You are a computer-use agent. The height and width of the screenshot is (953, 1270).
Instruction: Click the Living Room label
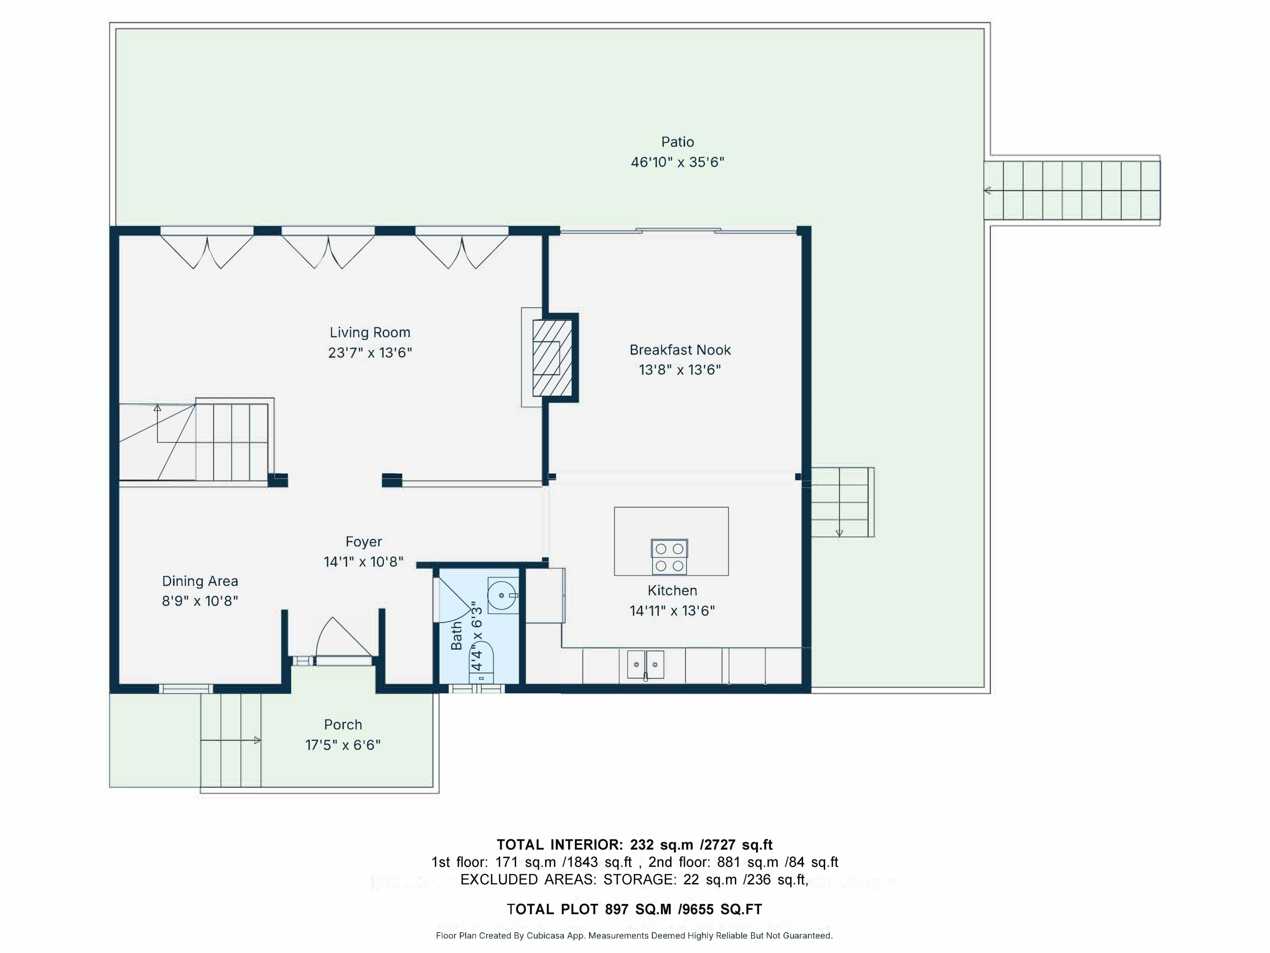[x=370, y=332]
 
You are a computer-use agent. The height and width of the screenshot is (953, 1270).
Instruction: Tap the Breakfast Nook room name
[x=680, y=350]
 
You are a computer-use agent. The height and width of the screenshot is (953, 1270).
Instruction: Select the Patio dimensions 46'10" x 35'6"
[x=677, y=162]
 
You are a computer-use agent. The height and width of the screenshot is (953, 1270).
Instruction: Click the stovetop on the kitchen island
[x=669, y=557]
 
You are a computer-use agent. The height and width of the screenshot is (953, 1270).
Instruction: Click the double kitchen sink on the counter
[x=645, y=665]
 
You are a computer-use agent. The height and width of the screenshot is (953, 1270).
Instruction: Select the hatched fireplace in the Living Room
[x=552, y=358]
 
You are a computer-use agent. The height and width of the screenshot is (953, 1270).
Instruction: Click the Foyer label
[x=363, y=542]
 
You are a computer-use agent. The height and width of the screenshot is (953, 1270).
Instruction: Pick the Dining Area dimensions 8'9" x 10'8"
[x=200, y=601]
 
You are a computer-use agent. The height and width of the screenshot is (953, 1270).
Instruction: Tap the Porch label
[x=343, y=725]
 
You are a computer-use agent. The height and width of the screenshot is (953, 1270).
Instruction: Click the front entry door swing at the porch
[x=343, y=637]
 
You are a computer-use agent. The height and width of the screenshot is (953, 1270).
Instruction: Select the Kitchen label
[x=672, y=590]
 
